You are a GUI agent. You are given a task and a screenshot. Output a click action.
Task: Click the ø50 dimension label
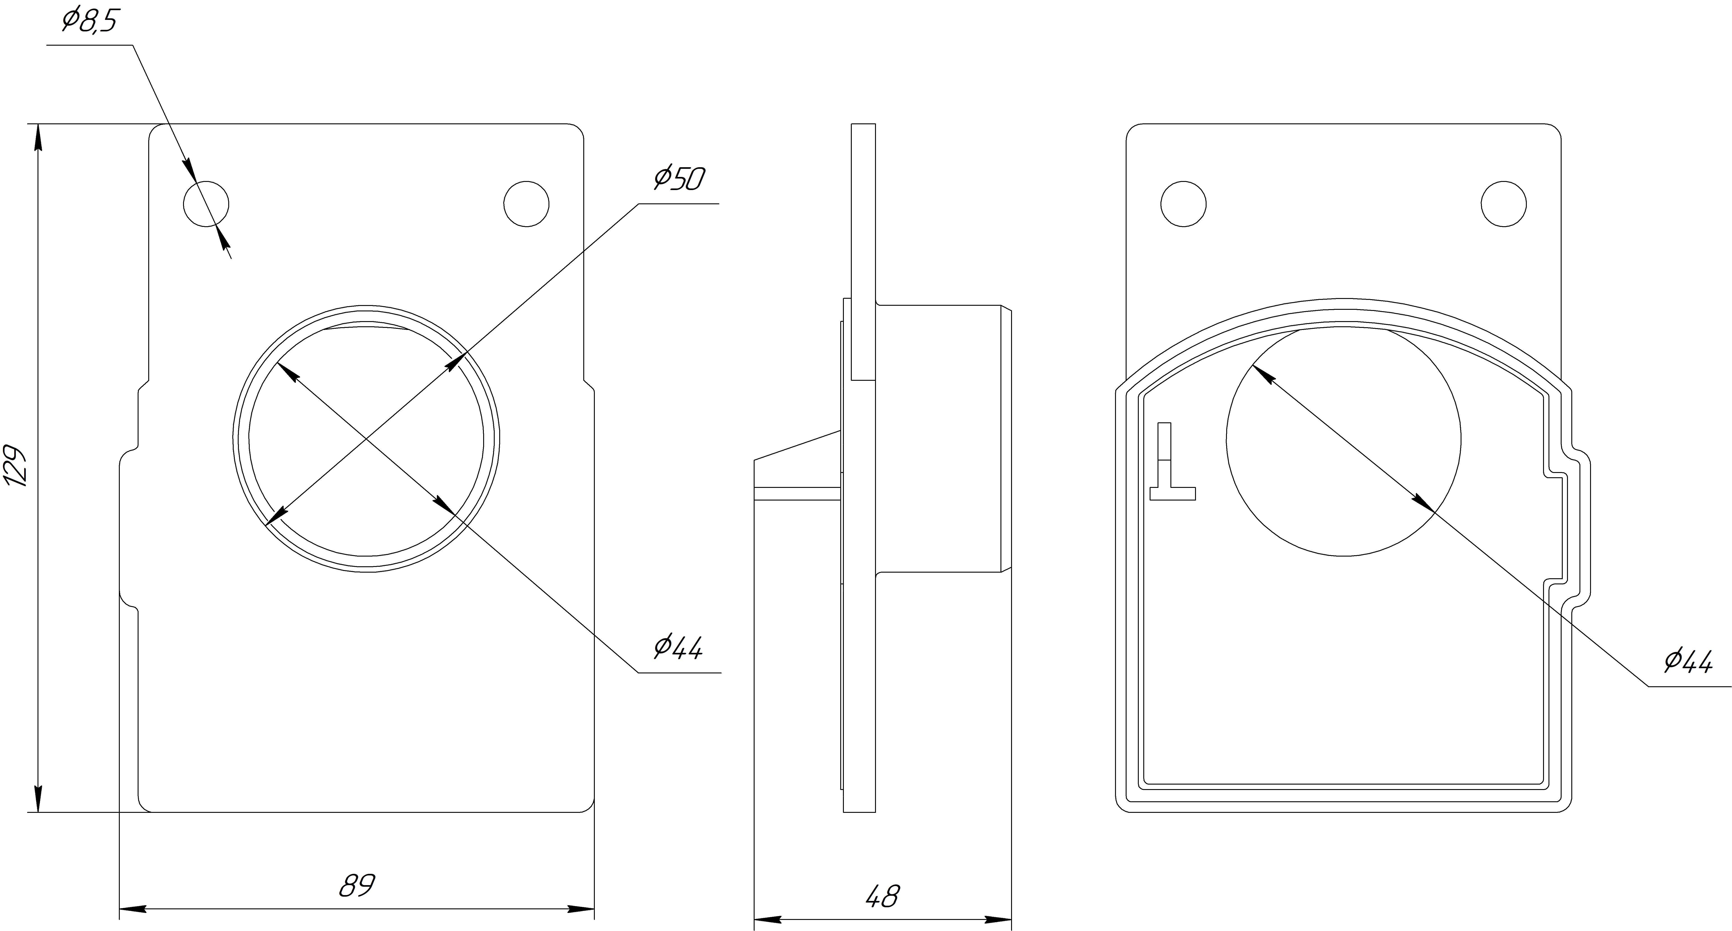tap(679, 179)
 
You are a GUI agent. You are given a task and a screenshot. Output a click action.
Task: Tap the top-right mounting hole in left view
tap(527, 204)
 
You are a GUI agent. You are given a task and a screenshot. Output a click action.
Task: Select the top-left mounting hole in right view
tap(1183, 204)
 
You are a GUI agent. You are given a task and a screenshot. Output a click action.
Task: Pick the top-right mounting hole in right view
tap(1504, 204)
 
